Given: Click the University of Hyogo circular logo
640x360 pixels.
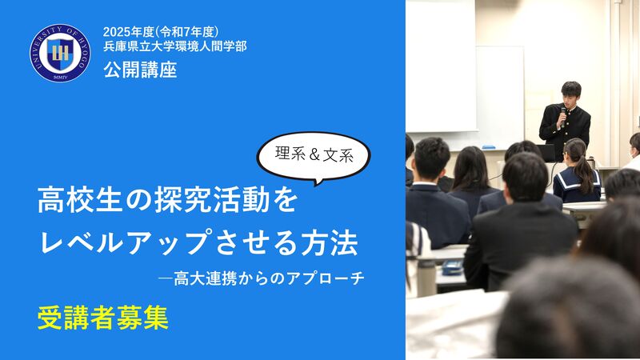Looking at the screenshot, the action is pyautogui.click(x=60, y=53).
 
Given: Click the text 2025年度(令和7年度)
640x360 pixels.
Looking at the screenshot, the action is pyautogui.click(x=161, y=32).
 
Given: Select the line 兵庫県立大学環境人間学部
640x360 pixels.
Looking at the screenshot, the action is pyautogui.click(x=174, y=46).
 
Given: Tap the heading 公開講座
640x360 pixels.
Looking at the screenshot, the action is pyautogui.click(x=140, y=70).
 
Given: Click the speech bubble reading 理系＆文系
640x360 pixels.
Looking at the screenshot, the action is pyautogui.click(x=314, y=157).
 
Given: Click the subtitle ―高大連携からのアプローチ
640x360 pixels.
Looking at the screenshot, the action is pyautogui.click(x=262, y=278).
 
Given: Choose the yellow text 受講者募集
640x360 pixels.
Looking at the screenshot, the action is pyautogui.click(x=103, y=318).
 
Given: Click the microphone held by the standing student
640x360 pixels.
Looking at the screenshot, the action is pyautogui.click(x=563, y=116).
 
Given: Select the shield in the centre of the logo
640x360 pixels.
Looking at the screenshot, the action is pyautogui.click(x=60, y=53).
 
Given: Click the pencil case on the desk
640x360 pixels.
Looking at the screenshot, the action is pyautogui.click(x=451, y=267).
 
